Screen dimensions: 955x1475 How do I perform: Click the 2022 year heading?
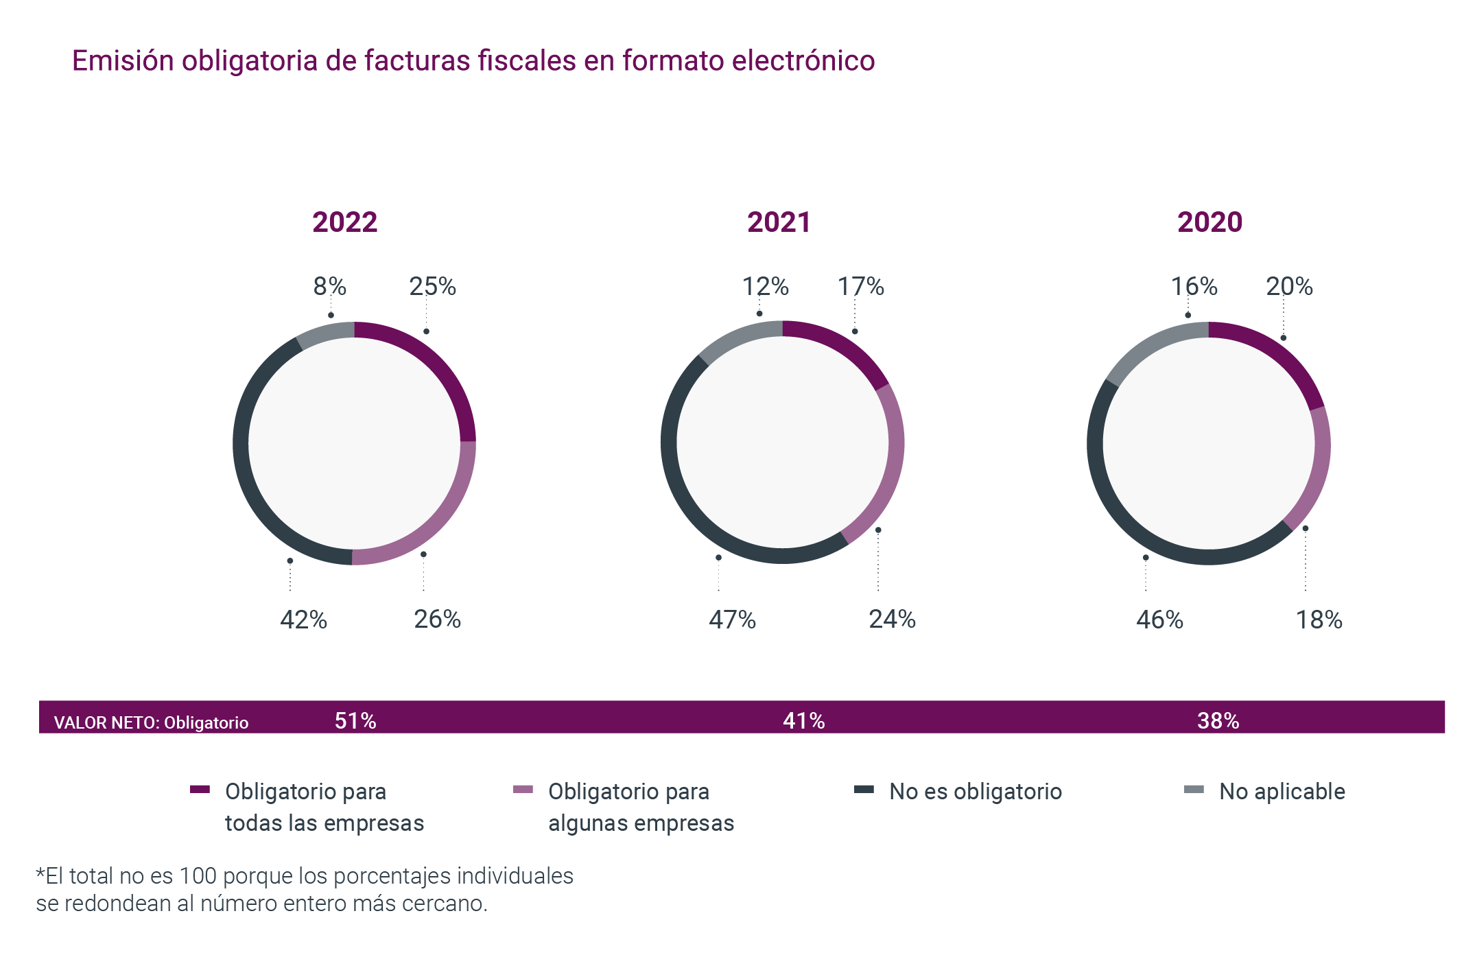point(344,222)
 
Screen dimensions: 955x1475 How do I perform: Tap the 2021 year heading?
point(779,222)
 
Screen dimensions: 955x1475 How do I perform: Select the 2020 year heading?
point(1209,222)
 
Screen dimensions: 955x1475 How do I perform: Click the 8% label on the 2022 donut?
point(330,286)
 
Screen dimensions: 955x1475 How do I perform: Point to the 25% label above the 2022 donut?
point(432,286)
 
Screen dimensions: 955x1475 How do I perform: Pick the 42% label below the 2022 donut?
point(303,620)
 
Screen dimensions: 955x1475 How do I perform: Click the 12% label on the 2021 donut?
point(765,286)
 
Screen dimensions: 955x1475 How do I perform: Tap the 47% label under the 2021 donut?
point(732,620)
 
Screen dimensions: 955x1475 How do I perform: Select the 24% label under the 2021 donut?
point(892,619)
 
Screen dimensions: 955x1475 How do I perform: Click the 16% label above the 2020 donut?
point(1194,286)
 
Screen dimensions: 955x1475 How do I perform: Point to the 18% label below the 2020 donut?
point(1319,620)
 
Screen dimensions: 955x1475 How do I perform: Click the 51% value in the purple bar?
point(355,720)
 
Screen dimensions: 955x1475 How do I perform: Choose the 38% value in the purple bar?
point(1218,720)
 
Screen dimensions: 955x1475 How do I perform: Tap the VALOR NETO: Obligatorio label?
point(151,722)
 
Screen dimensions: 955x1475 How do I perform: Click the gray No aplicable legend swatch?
point(1194,790)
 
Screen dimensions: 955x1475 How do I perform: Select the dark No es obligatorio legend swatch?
point(864,790)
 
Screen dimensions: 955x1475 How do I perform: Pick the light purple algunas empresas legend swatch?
point(523,790)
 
